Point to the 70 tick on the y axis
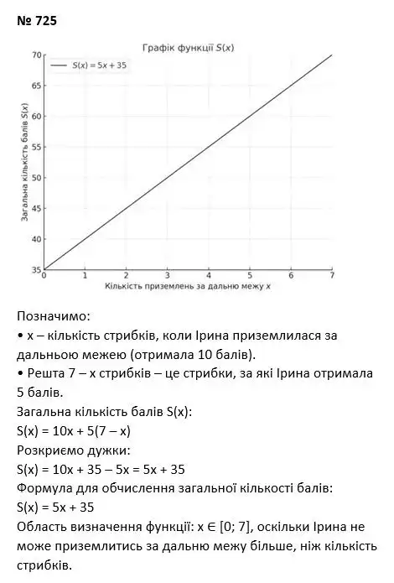tap(36, 55)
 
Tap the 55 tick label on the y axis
tap(36, 147)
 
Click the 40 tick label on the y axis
tap(36, 239)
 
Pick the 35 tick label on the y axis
tap(36, 269)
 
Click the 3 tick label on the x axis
tap(167, 276)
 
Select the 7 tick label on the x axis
tap(332, 276)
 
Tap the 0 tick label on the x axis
tap(44, 276)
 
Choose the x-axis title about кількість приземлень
tap(188, 287)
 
